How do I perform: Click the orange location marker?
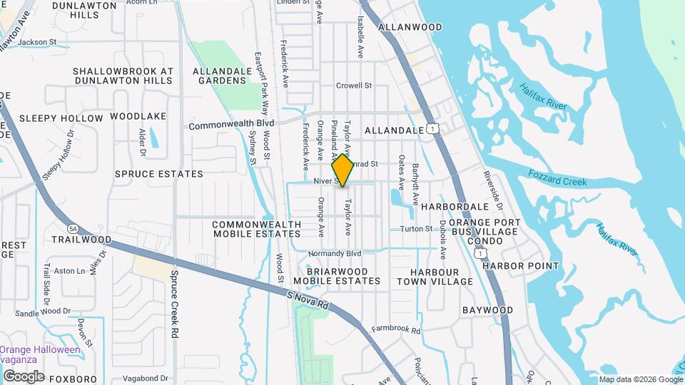(343, 170)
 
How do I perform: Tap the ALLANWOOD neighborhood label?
(410, 27)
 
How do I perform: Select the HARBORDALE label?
(454, 206)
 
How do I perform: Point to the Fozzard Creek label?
(557, 178)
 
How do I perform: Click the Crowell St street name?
(355, 86)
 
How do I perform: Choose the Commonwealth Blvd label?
(231, 125)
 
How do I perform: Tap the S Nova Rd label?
(308, 299)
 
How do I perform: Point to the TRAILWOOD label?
(81, 240)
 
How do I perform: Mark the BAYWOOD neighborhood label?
(487, 310)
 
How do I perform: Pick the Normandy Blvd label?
(335, 254)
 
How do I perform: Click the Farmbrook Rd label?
(395, 330)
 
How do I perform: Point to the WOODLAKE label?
(138, 116)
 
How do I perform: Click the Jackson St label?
(37, 42)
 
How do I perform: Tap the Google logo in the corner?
(23, 376)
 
